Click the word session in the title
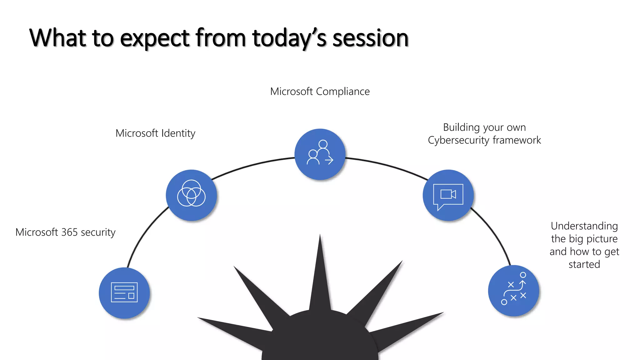[370, 38]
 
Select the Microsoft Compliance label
[320, 92]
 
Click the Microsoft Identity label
[155, 133]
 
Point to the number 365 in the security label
[69, 232]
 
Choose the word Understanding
[584, 226]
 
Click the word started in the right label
[584, 264]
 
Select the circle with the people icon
[320, 154]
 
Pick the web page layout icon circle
[124, 293]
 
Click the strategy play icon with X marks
[513, 291]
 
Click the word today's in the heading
[289, 38]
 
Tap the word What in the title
[57, 38]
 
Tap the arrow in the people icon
[329, 160]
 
